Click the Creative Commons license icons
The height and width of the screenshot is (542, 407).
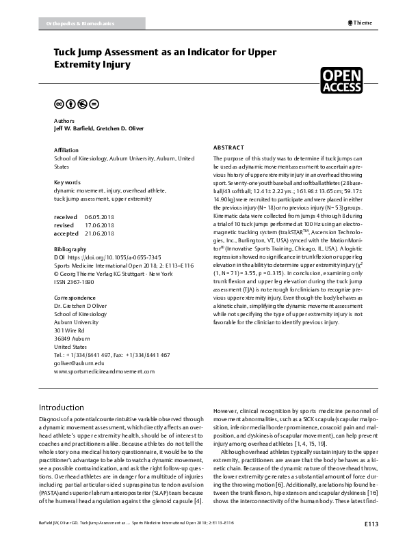[x=76, y=104]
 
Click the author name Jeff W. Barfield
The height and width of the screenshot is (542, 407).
[x=73, y=128]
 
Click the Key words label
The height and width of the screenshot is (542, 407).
[x=68, y=182]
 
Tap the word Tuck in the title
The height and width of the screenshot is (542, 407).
[x=68, y=53]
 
